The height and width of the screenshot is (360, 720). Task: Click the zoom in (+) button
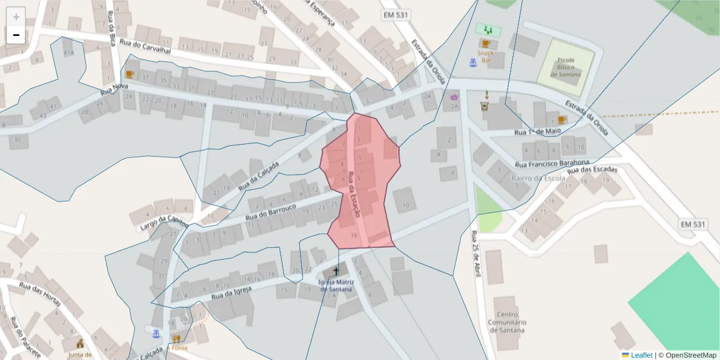pos(16,17)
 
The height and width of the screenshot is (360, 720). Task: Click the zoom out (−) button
pos(16,35)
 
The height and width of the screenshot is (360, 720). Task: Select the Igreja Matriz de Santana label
pos(337,285)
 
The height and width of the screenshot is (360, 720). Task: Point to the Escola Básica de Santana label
pos(566,67)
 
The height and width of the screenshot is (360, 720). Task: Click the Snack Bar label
pos(485,56)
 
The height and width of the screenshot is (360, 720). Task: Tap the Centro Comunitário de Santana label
pos(507,322)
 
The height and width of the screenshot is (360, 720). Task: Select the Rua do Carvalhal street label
pos(145,46)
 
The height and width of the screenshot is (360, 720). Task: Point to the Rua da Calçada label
pos(259,176)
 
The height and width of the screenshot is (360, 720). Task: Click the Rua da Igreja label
pos(230,293)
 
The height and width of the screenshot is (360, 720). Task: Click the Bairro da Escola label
pos(538,178)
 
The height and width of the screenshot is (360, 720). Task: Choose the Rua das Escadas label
pos(592,170)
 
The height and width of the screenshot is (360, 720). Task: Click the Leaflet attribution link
pos(641,355)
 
